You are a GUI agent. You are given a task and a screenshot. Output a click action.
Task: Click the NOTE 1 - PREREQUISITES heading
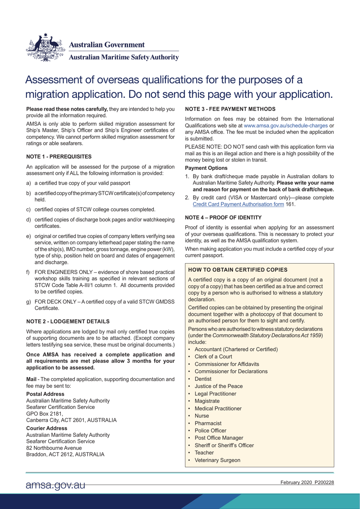pos(59,157)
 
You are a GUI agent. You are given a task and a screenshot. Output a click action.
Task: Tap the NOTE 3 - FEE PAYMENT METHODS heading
pos(230,109)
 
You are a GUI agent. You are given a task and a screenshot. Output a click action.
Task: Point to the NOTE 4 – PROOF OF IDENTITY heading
pos(223,218)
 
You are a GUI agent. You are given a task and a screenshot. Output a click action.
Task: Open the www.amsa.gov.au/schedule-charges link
pos(286,126)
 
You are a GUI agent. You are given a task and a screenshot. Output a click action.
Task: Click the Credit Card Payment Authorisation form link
pos(238,204)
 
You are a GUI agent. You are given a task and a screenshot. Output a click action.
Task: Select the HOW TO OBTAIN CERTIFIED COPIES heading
pos(238,270)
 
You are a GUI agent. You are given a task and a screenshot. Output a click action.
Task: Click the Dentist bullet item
pos(203,379)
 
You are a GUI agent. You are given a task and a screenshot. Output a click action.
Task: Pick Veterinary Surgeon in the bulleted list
pos(217,460)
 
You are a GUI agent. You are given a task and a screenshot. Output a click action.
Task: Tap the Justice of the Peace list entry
pos(218,386)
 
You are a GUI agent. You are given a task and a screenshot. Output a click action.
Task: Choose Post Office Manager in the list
pos(219,438)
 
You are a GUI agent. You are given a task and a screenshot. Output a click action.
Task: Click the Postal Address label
pos(45,394)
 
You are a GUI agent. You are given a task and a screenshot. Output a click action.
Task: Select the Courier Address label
pos(47,428)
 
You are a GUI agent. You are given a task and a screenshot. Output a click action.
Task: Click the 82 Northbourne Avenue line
pos(54,448)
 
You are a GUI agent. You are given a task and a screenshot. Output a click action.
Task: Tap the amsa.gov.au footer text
pos(55,485)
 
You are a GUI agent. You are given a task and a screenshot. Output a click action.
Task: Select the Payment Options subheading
pos(206,168)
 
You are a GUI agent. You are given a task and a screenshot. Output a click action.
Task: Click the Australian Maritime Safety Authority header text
pos(123,57)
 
